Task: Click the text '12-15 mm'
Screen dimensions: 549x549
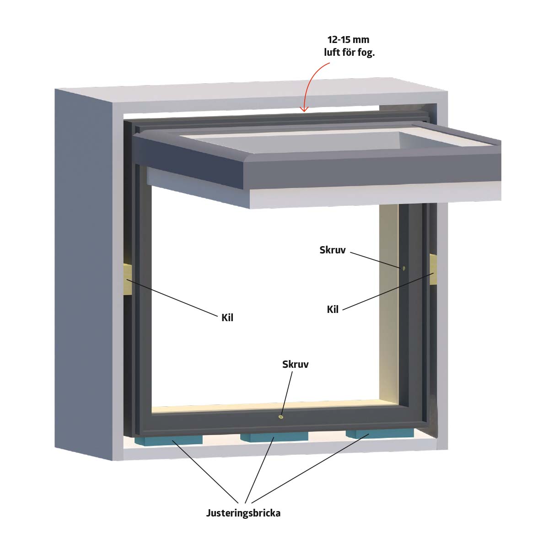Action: [348, 40]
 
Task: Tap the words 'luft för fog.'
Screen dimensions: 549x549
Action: [349, 53]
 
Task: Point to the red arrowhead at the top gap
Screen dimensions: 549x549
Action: [305, 109]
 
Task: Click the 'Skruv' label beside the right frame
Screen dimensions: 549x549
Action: [333, 250]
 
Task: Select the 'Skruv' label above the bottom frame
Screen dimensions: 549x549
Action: [296, 364]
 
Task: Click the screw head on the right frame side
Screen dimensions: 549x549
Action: [404, 268]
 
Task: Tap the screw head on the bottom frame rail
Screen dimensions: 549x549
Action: [281, 417]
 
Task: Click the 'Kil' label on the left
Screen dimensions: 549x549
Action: [227, 318]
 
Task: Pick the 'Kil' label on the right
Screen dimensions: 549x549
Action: [333, 309]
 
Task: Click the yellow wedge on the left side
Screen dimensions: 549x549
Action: [127, 279]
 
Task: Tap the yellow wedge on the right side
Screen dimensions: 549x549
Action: [433, 269]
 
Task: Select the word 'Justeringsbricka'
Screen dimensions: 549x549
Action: [243, 513]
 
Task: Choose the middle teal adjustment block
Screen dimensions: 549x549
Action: [274, 437]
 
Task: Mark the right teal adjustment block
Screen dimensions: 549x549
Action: [380, 434]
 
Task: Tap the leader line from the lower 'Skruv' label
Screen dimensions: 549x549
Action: [286, 394]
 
